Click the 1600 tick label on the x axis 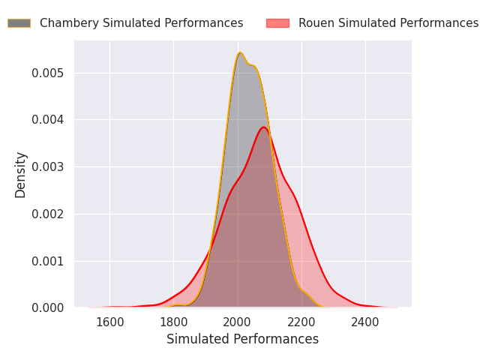click(x=109, y=322)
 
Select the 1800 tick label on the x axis click(x=173, y=322)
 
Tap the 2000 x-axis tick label click(x=238, y=322)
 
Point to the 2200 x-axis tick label click(x=301, y=322)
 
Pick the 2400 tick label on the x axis click(x=365, y=322)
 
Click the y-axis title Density click(x=21, y=174)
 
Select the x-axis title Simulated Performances click(x=242, y=339)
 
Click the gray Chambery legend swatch click(x=19, y=23)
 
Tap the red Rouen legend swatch click(x=277, y=23)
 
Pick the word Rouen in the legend click(x=315, y=23)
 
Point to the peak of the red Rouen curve click(x=264, y=127)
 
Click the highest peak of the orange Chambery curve click(x=240, y=52)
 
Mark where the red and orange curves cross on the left click(x=211, y=247)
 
